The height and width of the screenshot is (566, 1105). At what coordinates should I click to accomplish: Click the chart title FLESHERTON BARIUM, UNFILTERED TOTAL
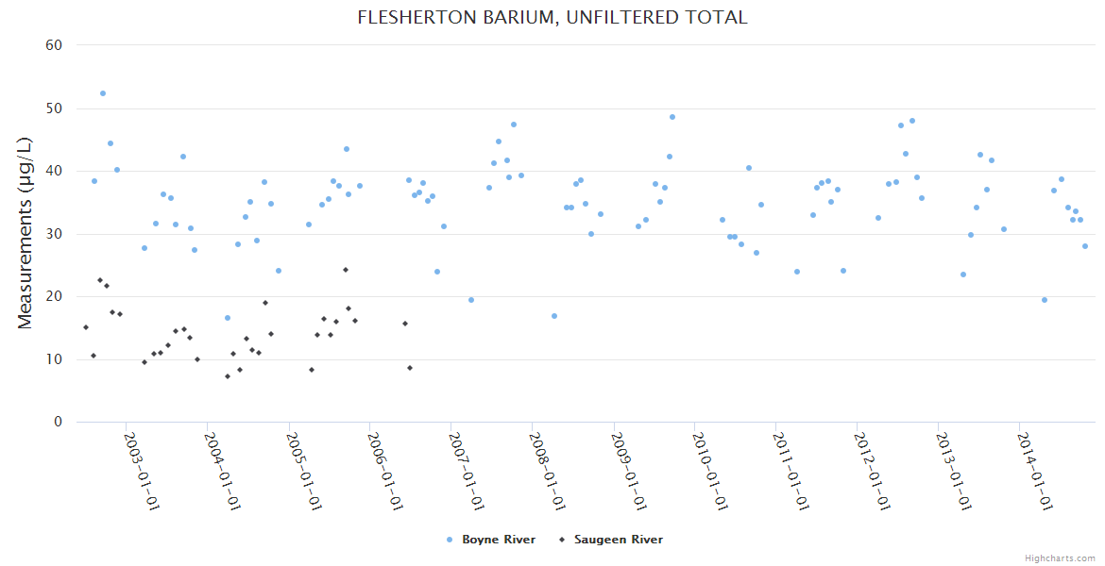coord(552,17)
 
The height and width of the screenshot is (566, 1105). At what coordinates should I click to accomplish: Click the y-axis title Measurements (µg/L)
coord(25,233)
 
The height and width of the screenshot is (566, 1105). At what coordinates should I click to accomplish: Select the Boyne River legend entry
coord(498,540)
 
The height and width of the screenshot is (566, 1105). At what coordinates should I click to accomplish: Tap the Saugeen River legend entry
coord(618,540)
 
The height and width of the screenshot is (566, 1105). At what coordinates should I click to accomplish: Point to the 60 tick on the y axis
coord(54,45)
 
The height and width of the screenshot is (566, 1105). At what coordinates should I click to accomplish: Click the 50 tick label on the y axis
coord(54,108)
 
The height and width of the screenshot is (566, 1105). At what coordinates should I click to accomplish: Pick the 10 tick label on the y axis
coord(54,359)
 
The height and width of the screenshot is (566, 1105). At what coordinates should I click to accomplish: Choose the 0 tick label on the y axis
coord(58,423)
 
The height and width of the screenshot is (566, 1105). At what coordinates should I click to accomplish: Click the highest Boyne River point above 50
coord(103,93)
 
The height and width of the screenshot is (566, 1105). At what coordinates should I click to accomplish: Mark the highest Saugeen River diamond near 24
coord(346,270)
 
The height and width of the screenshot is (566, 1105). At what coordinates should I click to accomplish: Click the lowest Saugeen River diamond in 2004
coord(228,376)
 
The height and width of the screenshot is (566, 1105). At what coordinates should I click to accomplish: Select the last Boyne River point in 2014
coord(1085,246)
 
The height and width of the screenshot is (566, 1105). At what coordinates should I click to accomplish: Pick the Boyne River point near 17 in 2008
coord(554,316)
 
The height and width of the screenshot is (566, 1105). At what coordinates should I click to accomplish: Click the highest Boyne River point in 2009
coord(672,117)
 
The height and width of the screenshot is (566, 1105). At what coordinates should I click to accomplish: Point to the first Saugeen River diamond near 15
coord(86,327)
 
